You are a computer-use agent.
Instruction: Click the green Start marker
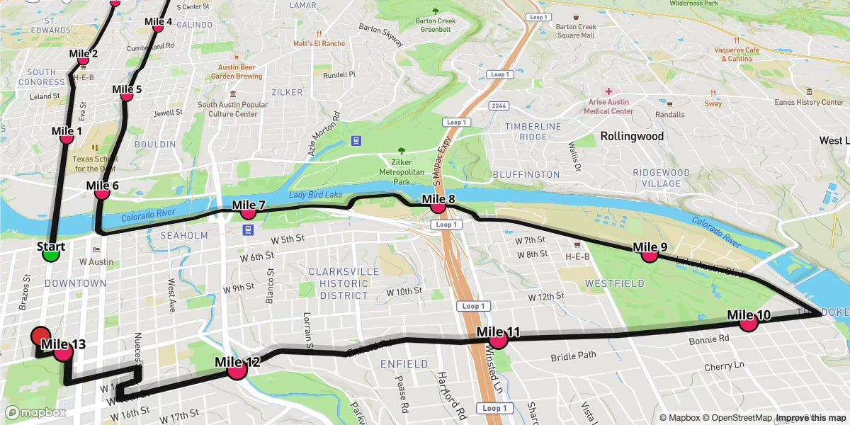click(50, 253)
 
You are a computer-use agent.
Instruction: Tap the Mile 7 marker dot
click(248, 212)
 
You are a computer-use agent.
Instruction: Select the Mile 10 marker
click(749, 322)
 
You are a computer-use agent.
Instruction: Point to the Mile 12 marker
click(237, 369)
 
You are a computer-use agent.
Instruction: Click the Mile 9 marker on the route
click(650, 254)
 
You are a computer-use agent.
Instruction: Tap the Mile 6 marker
click(102, 192)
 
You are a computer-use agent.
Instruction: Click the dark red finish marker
click(40, 336)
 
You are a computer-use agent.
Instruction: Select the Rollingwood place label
click(632, 136)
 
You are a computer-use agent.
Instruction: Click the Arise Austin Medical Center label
click(608, 106)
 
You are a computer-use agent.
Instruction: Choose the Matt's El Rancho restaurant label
click(319, 43)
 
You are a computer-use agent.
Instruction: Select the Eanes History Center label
click(810, 102)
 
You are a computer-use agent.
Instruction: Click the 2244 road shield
click(497, 105)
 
